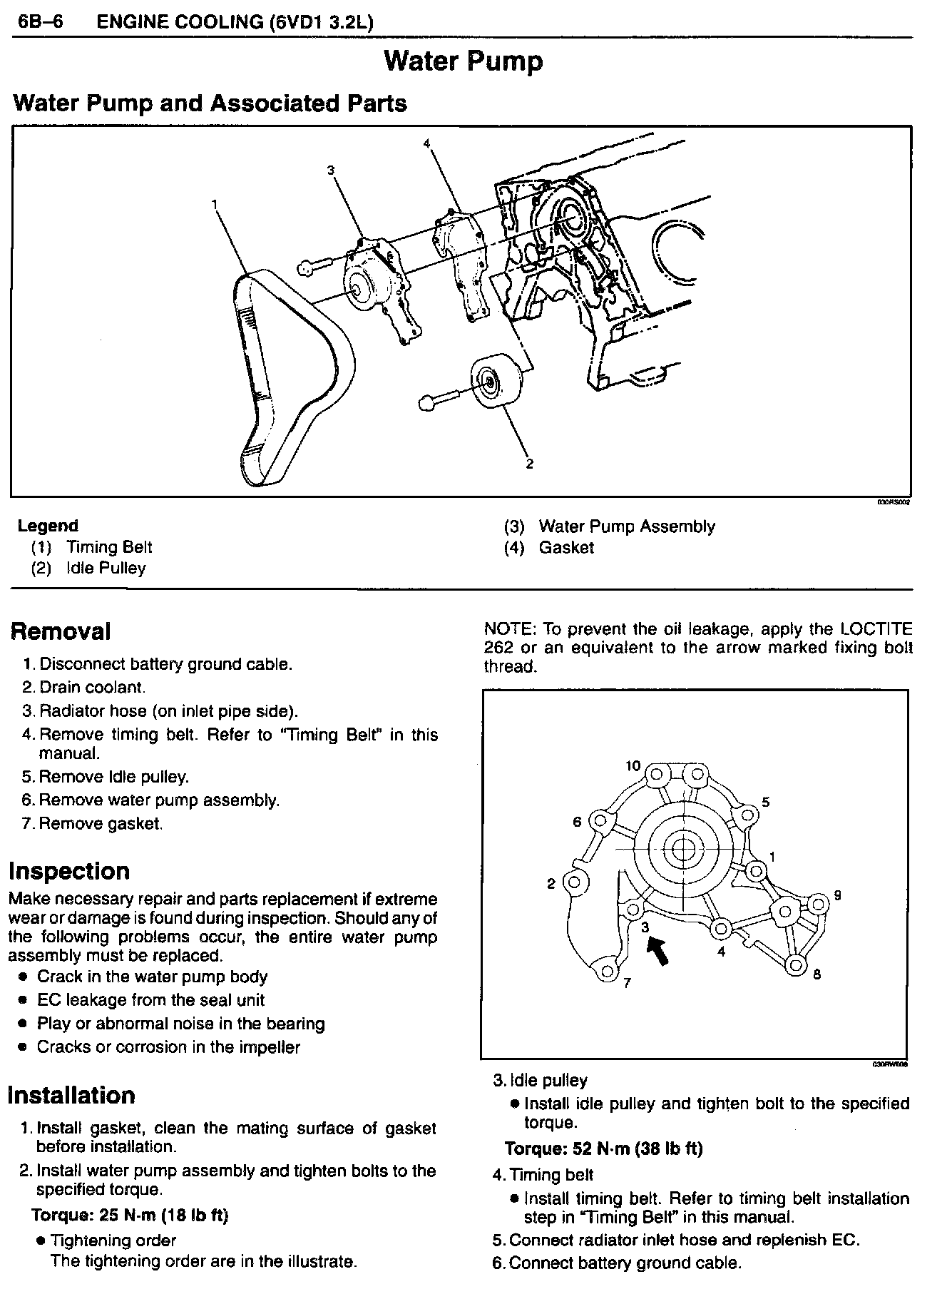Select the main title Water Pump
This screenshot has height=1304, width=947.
(463, 61)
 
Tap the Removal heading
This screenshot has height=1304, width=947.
(60, 631)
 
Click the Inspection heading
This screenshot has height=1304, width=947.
(69, 871)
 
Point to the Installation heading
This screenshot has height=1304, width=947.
(71, 1095)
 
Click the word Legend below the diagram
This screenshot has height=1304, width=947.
(48, 526)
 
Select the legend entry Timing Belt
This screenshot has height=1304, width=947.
(108, 547)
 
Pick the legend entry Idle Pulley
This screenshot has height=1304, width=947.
(106, 569)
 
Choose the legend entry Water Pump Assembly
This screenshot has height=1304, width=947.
(626, 526)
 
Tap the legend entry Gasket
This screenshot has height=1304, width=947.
(565, 548)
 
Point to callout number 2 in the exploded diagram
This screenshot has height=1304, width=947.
(529, 464)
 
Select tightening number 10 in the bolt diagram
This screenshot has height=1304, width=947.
(633, 766)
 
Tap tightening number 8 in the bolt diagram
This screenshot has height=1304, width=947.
(817, 974)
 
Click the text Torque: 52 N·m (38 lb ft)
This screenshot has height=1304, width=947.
(603, 1148)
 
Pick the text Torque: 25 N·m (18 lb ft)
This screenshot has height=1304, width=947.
(130, 1215)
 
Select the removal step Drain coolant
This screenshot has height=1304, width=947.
(92, 688)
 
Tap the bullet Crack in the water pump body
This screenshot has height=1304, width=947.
(152, 977)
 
